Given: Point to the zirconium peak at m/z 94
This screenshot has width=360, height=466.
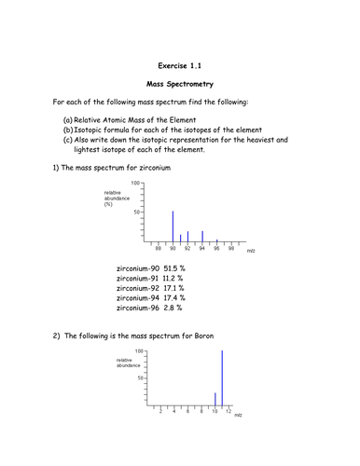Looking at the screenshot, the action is coord(202,236).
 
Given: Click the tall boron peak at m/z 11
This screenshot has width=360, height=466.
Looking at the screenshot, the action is coord(222,377).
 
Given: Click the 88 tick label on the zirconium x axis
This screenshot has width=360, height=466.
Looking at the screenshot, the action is coord(159,249).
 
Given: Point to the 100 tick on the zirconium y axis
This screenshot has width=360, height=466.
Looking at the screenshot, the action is coord(136,184).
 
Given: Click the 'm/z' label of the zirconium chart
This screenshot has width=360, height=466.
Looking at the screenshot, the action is coord(251,251).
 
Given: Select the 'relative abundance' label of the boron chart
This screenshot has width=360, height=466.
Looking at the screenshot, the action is coord(131,361).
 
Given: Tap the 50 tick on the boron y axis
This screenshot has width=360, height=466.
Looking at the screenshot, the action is coord(141,377).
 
